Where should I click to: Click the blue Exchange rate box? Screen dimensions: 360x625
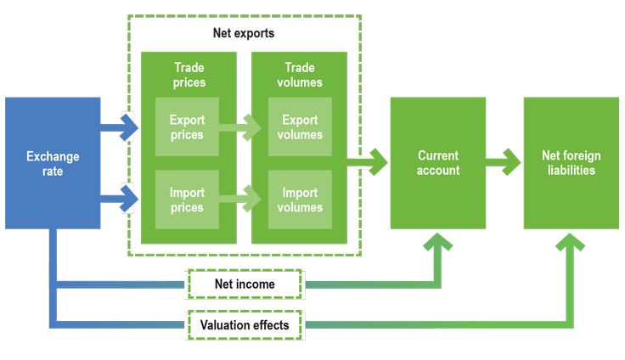pos(53,163)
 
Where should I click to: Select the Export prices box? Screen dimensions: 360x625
pos(187,127)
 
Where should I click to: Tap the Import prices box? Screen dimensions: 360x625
pos(187,200)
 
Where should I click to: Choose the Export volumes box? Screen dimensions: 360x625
pos(300,127)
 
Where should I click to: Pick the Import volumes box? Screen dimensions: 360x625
pos(300,200)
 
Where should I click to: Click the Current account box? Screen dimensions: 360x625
pos(438,163)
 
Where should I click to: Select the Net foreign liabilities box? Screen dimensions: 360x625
pos(571,163)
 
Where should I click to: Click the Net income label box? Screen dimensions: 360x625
pos(245,284)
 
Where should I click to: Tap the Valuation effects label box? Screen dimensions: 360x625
pos(245,324)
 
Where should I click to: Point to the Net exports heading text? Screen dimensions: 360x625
pos(244,34)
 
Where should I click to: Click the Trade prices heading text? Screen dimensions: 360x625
pos(189,75)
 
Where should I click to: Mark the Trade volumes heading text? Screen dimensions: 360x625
pos(300,75)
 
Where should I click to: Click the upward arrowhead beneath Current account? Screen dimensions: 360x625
pos(438,249)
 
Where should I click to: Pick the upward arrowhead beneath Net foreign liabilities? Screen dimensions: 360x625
pos(571,249)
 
